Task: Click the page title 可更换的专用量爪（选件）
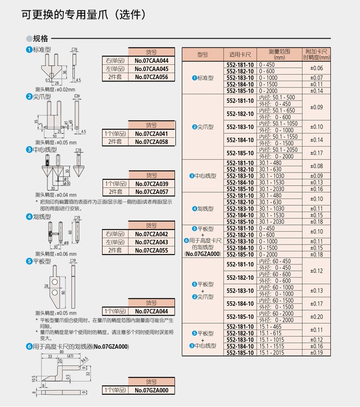pos(84,15)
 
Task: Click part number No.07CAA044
pos(151,61)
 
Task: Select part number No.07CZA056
pos(151,77)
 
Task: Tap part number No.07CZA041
pos(151,134)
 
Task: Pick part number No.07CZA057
pos(152,192)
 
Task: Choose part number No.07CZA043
pos(151,242)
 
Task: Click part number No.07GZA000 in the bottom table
pos(151,390)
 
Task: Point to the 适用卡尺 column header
pos(240,55)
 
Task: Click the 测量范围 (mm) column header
pos(279,55)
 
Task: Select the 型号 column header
pos(203,55)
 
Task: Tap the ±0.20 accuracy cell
pos(316,317)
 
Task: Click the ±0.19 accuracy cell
pos(316,353)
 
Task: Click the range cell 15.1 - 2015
pos(272,353)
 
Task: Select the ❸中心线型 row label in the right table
pos(203,176)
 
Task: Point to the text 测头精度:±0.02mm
pos(55,90)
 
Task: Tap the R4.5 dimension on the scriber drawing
pos(85,360)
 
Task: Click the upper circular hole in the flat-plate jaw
pos(55,282)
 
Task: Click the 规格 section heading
pos(41,39)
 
